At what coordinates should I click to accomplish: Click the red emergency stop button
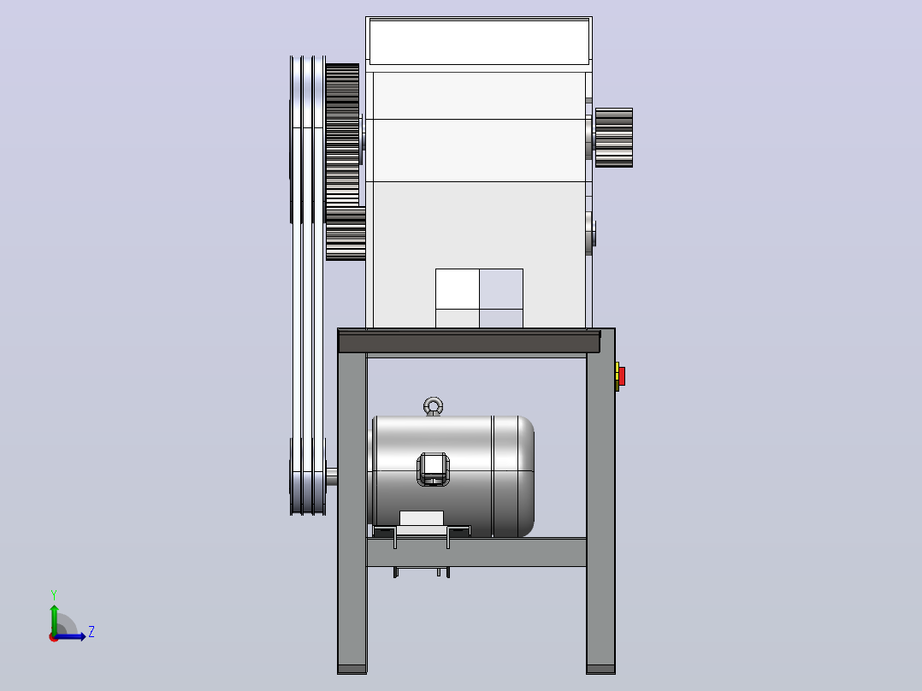[622, 376]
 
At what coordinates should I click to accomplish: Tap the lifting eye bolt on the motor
[434, 406]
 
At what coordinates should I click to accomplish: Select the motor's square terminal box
[434, 470]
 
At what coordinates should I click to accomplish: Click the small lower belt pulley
[308, 476]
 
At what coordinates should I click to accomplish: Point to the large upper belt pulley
[308, 139]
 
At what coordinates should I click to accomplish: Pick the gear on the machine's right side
[614, 138]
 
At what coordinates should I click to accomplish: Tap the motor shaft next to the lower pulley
[332, 476]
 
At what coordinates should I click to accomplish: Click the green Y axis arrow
[54, 620]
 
